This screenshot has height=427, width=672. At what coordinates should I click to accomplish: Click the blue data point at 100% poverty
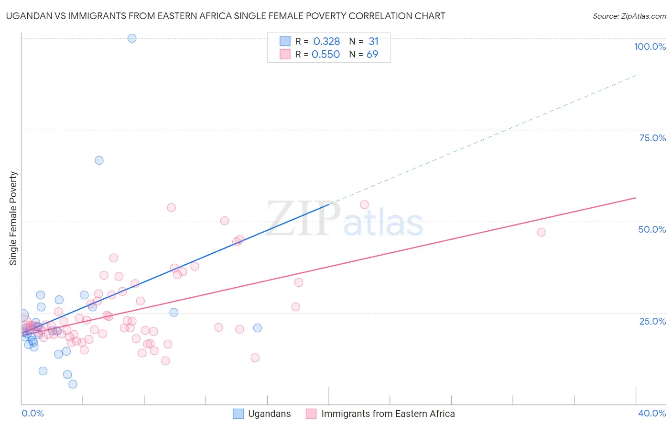click(132, 38)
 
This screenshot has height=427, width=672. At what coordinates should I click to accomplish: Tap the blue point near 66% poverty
click(99, 160)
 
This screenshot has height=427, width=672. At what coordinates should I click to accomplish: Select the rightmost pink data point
click(541, 232)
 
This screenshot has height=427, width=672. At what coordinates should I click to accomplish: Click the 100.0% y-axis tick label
click(650, 46)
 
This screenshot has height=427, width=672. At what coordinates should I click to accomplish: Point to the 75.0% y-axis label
click(652, 138)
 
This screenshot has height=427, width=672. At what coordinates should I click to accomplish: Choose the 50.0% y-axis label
click(652, 229)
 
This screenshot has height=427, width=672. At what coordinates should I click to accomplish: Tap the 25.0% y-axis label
click(652, 321)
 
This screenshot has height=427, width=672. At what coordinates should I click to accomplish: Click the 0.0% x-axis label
click(33, 413)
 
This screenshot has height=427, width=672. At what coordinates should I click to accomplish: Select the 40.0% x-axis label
click(652, 413)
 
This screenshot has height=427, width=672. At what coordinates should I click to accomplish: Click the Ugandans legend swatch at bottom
click(238, 414)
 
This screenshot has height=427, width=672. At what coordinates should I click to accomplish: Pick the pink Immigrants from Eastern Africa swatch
click(311, 414)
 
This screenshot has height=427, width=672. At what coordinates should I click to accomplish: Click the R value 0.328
click(326, 42)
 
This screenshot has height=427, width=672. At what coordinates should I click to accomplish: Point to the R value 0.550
click(325, 55)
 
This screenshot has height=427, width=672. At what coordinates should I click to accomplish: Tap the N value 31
click(373, 42)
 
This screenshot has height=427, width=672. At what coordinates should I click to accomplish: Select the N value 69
click(372, 55)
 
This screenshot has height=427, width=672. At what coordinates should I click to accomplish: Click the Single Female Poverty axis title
click(13, 218)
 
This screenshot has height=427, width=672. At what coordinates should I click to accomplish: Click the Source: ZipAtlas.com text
click(629, 16)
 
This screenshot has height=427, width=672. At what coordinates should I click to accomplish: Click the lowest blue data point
click(73, 384)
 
